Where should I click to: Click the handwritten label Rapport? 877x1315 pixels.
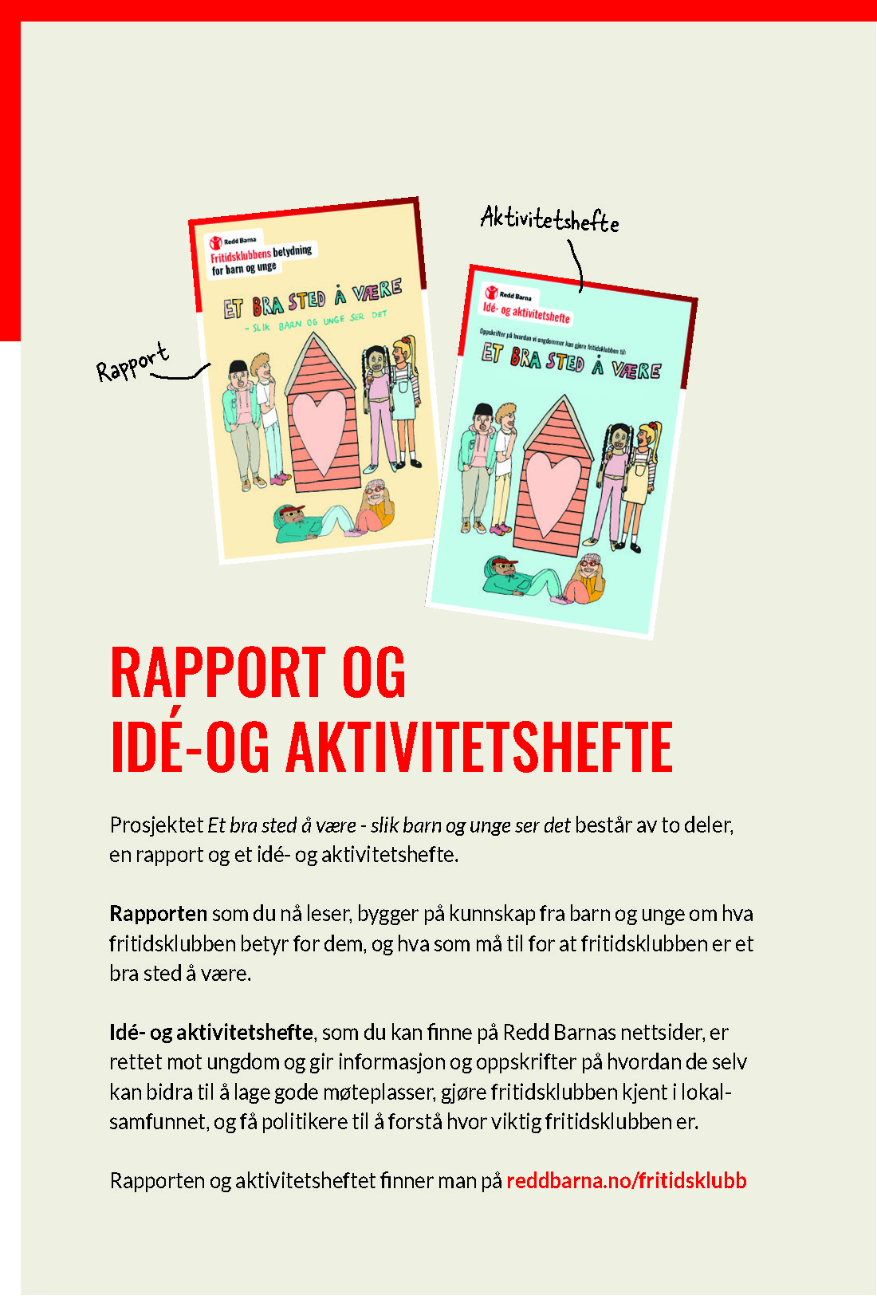click(x=132, y=363)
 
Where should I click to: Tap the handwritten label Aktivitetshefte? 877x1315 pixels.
click(x=549, y=219)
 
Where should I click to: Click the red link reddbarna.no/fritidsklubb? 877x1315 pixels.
click(x=627, y=1180)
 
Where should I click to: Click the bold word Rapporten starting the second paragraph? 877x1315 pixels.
click(x=158, y=914)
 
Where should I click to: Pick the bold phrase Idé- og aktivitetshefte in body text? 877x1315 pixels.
click(x=211, y=1033)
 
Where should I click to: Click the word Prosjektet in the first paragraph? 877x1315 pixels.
click(x=156, y=825)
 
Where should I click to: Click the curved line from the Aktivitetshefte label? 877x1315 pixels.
click(x=576, y=263)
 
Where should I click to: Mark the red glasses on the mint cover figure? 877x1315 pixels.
click(x=589, y=564)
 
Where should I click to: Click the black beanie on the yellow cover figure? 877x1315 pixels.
click(x=238, y=367)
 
